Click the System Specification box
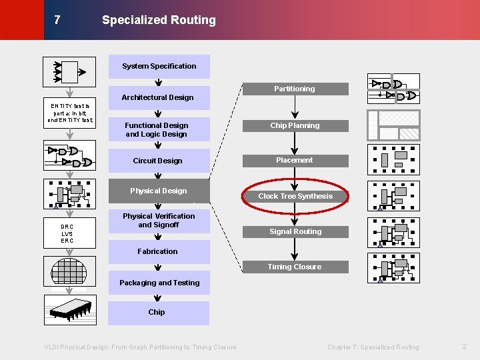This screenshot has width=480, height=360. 159,66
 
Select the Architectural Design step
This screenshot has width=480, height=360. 158,97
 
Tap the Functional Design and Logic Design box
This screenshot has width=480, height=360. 158,129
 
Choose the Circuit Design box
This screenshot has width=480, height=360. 158,161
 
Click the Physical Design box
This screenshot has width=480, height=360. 159,191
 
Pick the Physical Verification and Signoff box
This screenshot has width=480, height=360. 159,221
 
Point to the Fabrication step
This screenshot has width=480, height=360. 158,251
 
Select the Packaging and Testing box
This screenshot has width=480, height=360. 159,283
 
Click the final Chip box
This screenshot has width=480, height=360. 157,312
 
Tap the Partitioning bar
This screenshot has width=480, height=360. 295,89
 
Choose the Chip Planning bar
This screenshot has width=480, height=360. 295,125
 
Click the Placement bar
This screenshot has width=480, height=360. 295,160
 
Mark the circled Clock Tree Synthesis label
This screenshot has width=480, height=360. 295,196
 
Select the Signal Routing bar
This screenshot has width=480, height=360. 295,231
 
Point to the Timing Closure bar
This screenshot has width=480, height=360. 295,267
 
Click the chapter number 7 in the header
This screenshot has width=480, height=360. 57,20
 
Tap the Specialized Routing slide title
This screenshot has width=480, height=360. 159,20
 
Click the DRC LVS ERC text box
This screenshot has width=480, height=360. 67,233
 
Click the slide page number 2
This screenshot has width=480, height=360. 464,346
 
